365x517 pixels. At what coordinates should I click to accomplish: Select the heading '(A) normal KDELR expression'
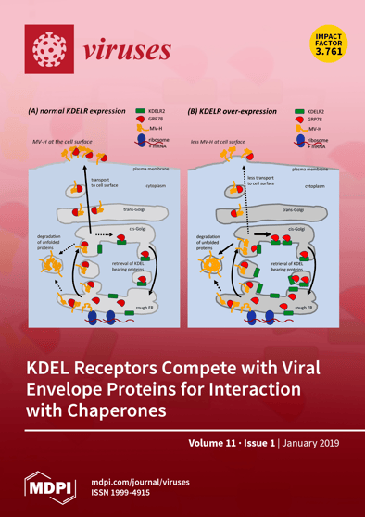pyautogui.click(x=79, y=110)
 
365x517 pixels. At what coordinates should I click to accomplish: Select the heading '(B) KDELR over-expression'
pyautogui.click(x=233, y=110)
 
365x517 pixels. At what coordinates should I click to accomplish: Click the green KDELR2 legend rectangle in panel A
pyautogui.click(x=141, y=110)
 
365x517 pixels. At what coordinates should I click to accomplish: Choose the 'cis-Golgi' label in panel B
pyautogui.click(x=297, y=229)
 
